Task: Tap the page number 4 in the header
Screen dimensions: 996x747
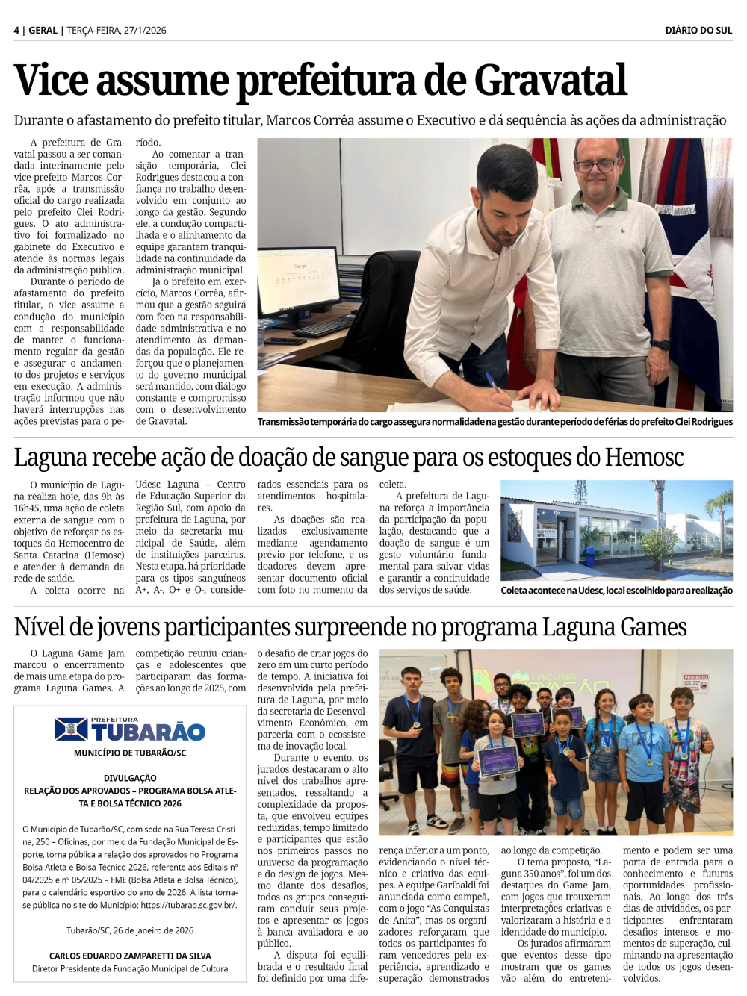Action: click(16, 31)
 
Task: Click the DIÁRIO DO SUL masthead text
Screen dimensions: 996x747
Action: click(698, 31)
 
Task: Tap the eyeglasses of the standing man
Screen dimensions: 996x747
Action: click(595, 164)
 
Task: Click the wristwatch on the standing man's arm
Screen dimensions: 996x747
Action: click(661, 345)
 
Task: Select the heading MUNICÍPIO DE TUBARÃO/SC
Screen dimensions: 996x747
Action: click(130, 753)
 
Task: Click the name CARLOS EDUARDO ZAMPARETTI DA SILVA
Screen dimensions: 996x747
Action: click(130, 956)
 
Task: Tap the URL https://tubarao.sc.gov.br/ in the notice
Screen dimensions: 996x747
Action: click(188, 905)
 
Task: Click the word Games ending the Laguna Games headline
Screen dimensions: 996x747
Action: click(652, 627)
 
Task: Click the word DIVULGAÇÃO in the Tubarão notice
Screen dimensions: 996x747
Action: click(130, 778)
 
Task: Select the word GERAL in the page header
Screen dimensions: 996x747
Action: click(43, 31)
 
